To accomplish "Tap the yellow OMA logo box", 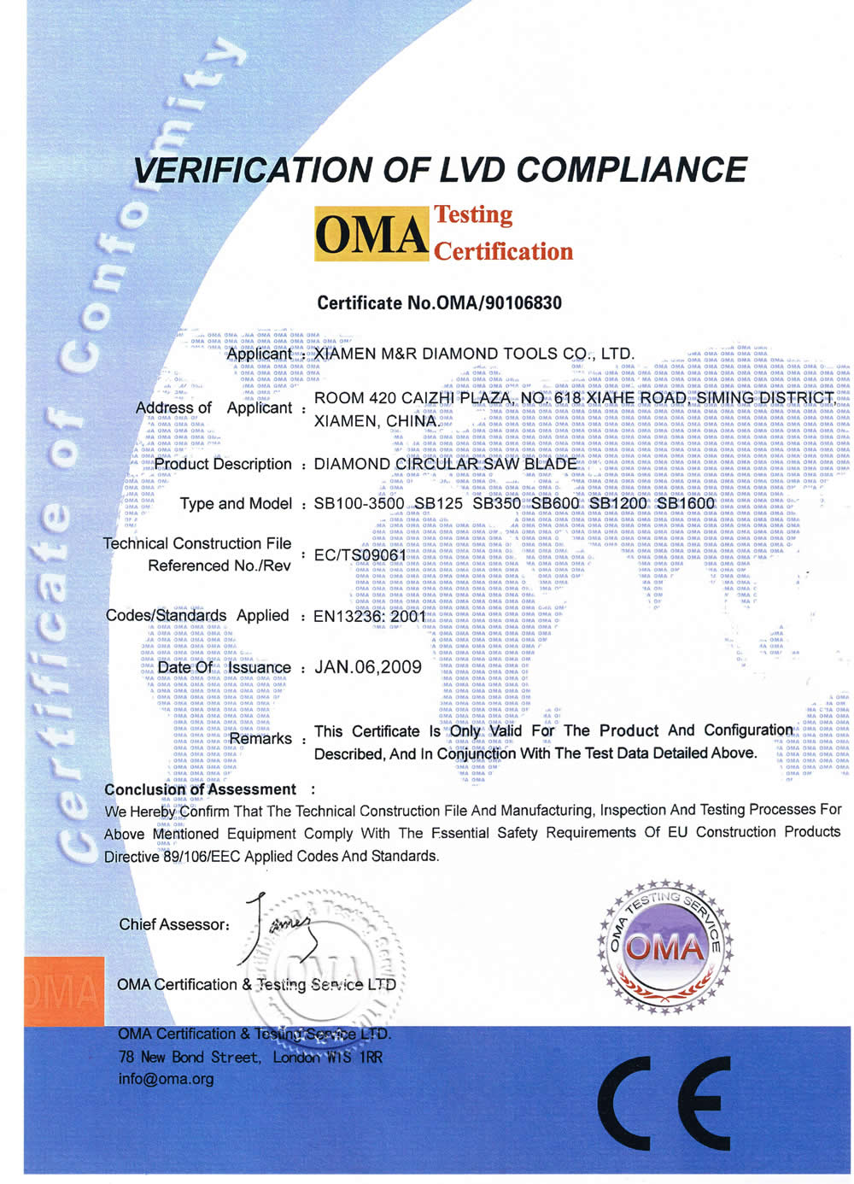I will (371, 233).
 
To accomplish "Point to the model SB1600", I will (685, 503).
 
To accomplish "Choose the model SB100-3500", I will (359, 503).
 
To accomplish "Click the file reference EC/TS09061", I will (360, 555).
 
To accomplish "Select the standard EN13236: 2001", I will (370, 615).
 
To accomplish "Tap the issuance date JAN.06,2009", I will (368, 667).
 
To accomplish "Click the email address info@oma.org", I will (166, 1079).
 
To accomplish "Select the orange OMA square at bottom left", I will (63, 991).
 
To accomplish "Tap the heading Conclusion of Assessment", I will (200, 789).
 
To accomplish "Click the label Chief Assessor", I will (174, 924).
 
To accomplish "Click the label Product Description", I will (223, 464).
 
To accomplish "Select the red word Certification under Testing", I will (504, 251).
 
